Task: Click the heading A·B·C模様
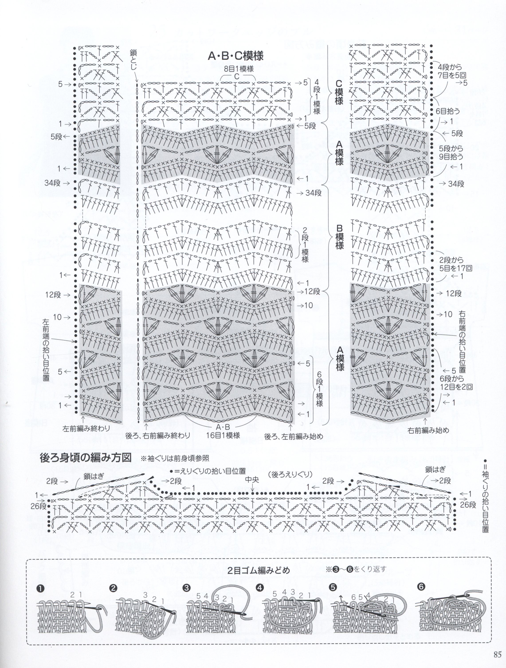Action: point(236,56)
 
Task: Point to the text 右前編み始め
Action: point(427,431)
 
